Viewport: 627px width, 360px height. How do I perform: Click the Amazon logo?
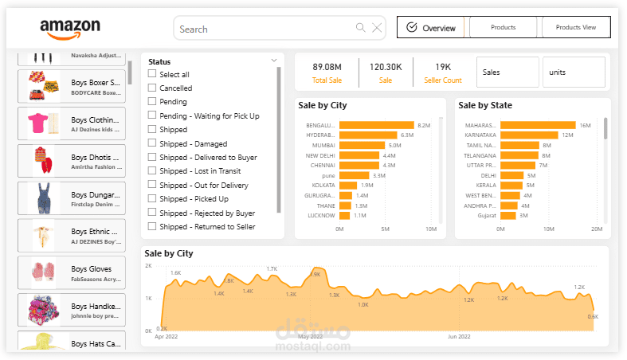(x=70, y=29)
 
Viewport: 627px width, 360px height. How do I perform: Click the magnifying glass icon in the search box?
(x=361, y=29)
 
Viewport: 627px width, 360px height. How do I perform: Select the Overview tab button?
(x=431, y=28)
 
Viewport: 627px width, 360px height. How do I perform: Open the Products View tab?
(x=575, y=28)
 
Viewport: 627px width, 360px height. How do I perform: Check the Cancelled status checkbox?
(x=152, y=88)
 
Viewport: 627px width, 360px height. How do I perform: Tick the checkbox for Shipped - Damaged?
(x=152, y=144)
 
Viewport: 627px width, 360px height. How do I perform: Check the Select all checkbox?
(x=152, y=75)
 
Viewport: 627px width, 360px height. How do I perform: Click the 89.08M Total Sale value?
(x=327, y=67)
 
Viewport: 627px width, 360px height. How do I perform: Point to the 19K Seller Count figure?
(x=443, y=67)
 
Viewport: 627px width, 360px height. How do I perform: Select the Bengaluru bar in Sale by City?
(x=376, y=125)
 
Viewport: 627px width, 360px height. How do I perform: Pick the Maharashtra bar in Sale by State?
(x=536, y=125)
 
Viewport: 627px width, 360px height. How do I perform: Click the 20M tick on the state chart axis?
(x=597, y=229)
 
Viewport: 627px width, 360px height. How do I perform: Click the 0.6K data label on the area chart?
(x=593, y=317)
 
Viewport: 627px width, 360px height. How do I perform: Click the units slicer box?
(x=573, y=72)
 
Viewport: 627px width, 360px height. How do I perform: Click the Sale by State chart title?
(x=485, y=105)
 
